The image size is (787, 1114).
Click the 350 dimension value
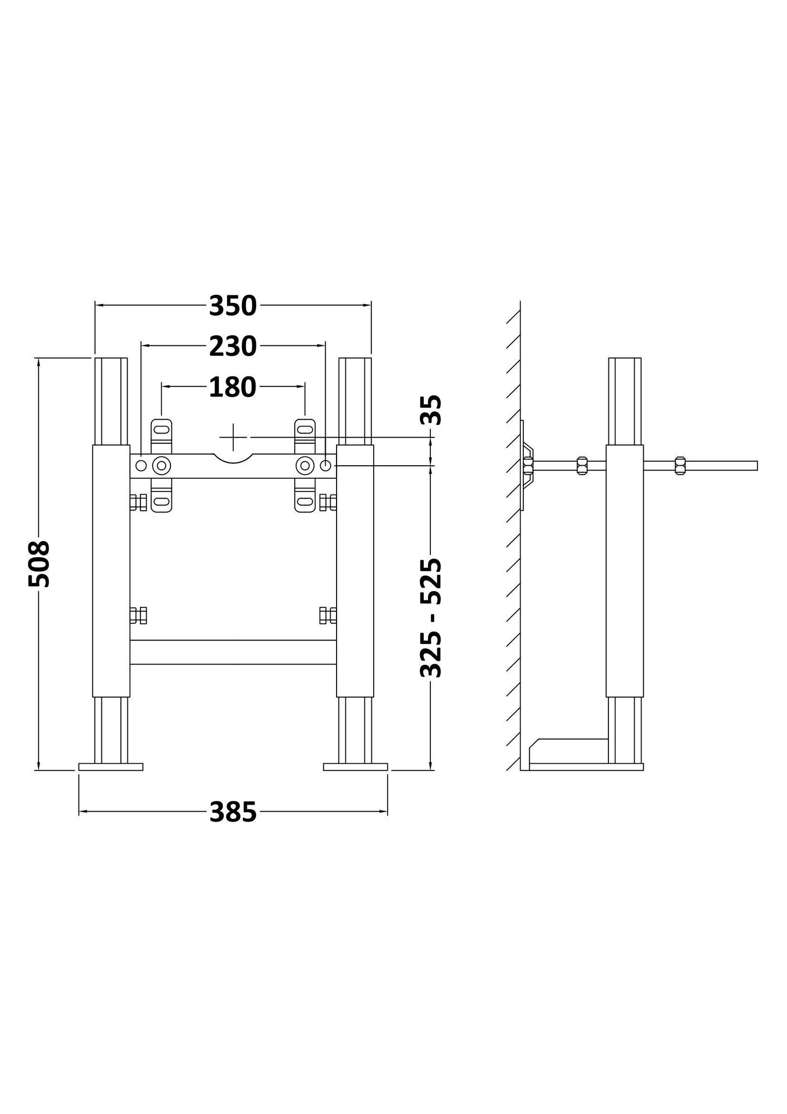(233, 307)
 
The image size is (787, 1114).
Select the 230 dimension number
(233, 346)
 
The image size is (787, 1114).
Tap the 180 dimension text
(233, 387)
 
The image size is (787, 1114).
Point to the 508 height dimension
(39, 563)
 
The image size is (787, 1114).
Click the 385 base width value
(233, 812)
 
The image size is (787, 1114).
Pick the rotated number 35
(431, 410)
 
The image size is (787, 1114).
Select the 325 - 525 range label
(431, 618)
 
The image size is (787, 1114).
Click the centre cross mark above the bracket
(233, 437)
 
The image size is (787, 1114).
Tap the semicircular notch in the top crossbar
(233, 459)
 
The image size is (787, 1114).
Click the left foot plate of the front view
(111, 767)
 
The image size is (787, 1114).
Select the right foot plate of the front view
(355, 767)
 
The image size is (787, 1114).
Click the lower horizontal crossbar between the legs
(233, 652)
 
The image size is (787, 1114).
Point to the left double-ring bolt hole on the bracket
(161, 466)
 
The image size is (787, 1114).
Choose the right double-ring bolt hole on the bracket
(305, 466)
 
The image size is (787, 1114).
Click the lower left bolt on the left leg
(138, 616)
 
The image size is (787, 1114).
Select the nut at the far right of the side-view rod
(680, 466)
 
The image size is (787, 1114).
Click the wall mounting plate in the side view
(522, 466)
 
